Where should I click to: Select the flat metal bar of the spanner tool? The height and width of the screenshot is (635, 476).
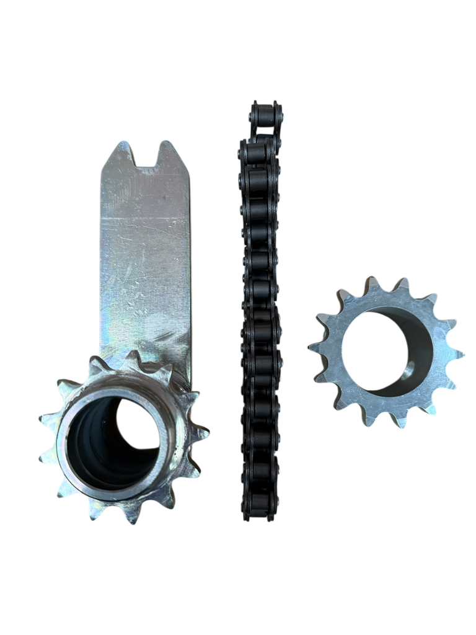145,267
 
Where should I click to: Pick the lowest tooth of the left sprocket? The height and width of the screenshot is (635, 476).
131,517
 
